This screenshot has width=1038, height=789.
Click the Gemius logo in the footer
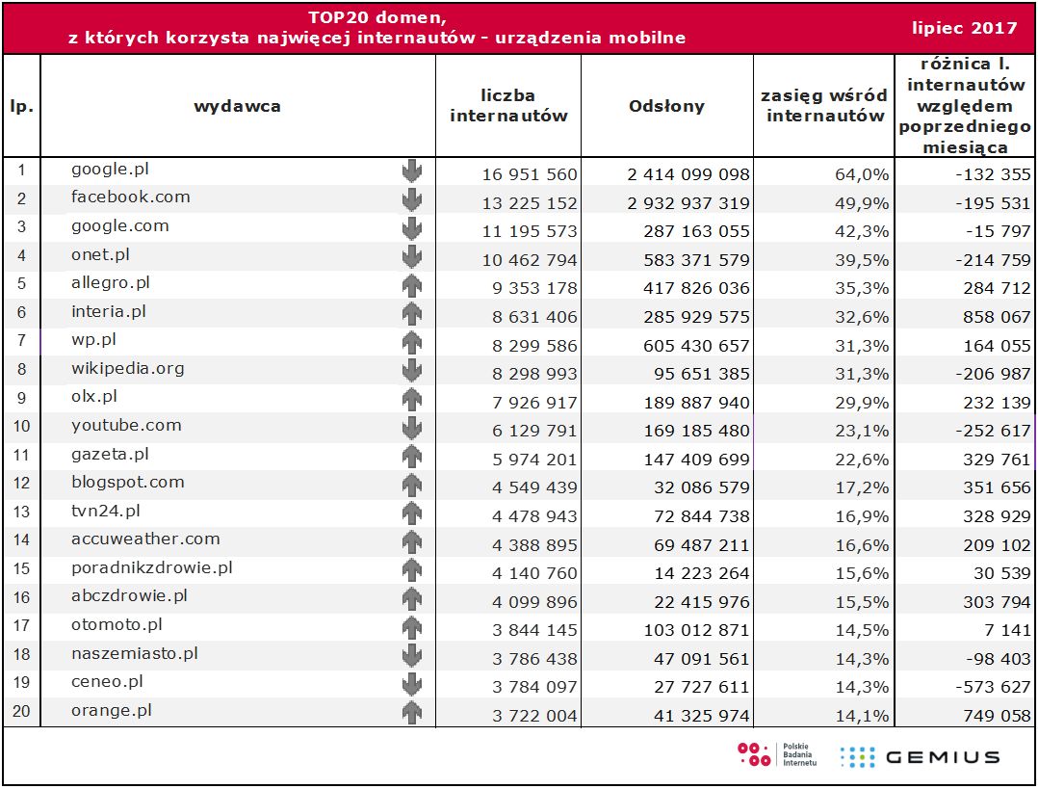click(x=920, y=756)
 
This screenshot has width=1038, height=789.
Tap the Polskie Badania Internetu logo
click(x=777, y=754)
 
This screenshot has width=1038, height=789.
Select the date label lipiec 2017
click(x=965, y=28)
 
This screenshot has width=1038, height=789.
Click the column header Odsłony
click(x=666, y=106)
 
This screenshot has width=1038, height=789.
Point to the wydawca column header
click(x=237, y=106)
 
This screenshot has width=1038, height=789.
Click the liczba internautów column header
click(x=508, y=106)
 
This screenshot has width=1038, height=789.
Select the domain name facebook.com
click(x=131, y=197)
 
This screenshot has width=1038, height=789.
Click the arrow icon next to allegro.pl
click(x=412, y=285)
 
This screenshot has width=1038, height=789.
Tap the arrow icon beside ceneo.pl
click(x=412, y=684)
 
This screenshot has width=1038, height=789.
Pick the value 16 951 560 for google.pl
click(x=530, y=174)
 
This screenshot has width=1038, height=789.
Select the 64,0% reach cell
click(x=864, y=174)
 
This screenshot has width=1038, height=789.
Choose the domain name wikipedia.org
click(x=128, y=368)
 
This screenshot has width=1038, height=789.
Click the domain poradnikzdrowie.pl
click(x=152, y=567)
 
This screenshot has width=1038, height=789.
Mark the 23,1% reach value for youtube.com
click(x=864, y=432)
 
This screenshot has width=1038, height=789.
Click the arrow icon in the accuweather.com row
click(x=412, y=541)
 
